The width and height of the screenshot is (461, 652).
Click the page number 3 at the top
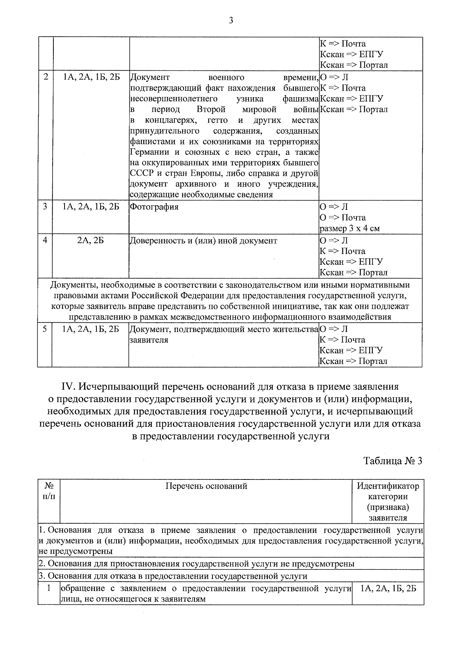[230, 21]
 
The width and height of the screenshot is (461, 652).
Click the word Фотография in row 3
[154, 207]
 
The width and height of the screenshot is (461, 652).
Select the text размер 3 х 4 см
[350, 229]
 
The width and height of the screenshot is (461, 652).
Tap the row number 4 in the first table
[45, 240]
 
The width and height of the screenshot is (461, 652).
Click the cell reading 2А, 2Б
[91, 241]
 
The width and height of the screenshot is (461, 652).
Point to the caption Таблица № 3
[393, 461]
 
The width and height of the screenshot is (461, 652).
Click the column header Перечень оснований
[206, 486]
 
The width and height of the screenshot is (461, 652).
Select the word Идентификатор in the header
[388, 486]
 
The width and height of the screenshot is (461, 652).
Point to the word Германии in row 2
[148, 152]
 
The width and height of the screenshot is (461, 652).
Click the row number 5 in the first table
[45, 329]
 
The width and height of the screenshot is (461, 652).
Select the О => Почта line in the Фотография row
[343, 218]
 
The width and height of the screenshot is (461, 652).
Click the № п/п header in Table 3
[49, 491]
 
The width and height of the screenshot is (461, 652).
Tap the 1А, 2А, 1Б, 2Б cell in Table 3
[388, 589]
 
